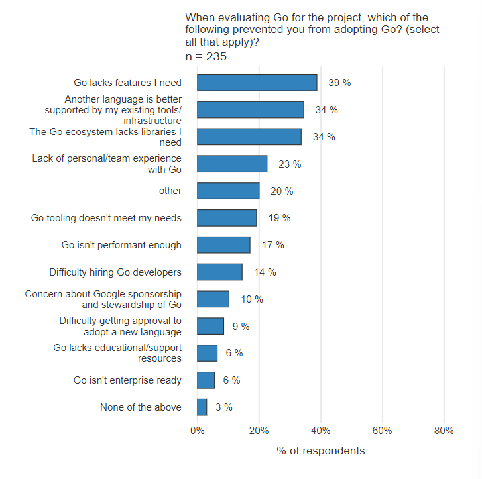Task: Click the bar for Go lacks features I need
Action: [257, 83]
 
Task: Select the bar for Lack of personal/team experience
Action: [232, 164]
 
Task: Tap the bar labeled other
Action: [228, 191]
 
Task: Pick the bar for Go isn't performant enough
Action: [223, 245]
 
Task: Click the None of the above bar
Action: [202, 407]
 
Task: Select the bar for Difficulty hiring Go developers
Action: [219, 272]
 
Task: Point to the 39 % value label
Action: [339, 83]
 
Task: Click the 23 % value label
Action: [290, 164]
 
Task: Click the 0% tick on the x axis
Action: [198, 431]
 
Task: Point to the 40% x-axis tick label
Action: [321, 431]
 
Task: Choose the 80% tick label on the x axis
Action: [444, 431]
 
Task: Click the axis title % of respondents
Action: [321, 451]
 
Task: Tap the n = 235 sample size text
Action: [206, 57]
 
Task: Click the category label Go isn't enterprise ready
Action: [127, 380]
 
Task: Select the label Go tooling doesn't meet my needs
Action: [106, 218]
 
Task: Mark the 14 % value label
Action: [265, 272]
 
